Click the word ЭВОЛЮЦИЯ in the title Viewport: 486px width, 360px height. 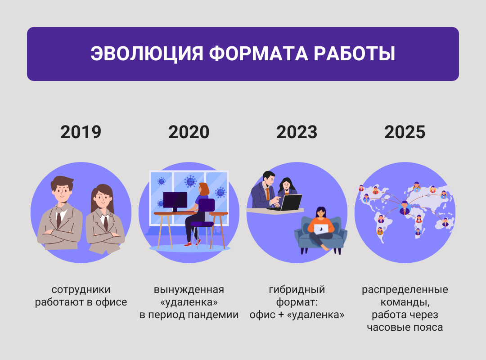click(x=147, y=54)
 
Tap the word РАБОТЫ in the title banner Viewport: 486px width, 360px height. click(x=354, y=54)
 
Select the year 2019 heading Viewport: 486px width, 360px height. click(x=81, y=132)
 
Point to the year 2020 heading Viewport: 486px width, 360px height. click(x=189, y=132)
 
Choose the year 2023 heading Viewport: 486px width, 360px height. click(x=297, y=132)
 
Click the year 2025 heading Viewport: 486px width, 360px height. click(x=405, y=132)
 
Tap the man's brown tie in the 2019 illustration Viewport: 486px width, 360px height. click(x=59, y=218)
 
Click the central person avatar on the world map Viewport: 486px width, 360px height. click(x=405, y=208)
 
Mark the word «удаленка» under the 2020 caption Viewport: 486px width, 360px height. click(x=189, y=302)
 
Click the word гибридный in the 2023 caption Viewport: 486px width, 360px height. click(x=297, y=290)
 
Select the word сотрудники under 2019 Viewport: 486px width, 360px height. click(x=81, y=290)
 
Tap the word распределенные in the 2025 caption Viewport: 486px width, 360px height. click(x=405, y=290)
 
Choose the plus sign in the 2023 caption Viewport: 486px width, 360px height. click(x=281, y=315)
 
